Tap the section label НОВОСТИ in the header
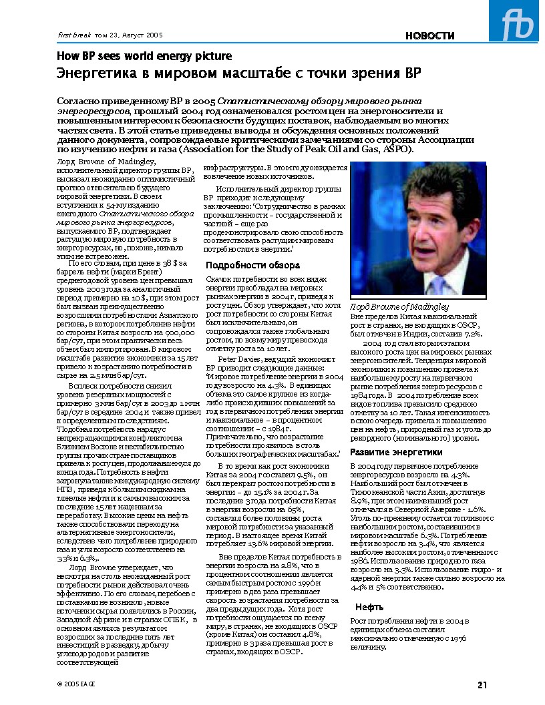430,36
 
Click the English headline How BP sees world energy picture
144,56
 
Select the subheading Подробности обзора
248,265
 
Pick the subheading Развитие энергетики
397,452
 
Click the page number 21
482,684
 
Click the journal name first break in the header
69,34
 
